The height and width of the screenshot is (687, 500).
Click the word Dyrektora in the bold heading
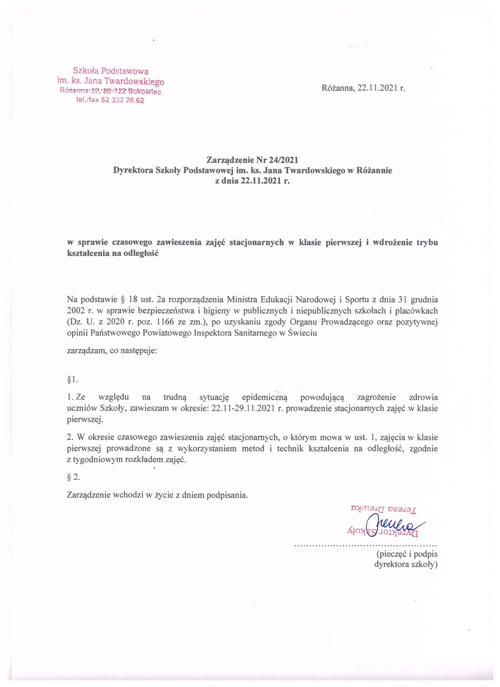(x=133, y=170)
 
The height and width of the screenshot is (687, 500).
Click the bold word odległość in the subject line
(x=141, y=253)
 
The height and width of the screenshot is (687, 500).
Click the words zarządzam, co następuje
(x=112, y=351)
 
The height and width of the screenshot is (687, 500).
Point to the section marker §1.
(x=72, y=379)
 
